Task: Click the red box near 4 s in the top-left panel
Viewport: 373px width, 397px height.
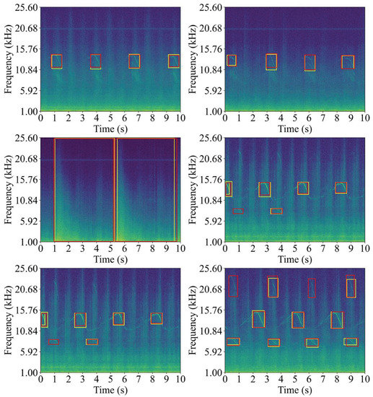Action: coord(96,61)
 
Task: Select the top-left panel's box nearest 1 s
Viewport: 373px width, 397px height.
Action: coord(56,61)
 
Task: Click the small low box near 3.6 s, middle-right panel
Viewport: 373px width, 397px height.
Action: coord(276,211)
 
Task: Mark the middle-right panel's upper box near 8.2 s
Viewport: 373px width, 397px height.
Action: coord(341,188)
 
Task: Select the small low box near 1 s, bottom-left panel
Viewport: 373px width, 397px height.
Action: coord(54,341)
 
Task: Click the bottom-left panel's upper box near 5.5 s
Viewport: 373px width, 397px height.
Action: coord(118,318)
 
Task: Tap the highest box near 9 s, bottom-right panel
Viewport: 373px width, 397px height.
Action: coord(351,288)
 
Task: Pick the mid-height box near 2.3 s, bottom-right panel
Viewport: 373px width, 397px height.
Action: coord(258,318)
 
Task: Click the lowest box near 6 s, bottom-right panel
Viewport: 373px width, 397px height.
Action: coord(312,343)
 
